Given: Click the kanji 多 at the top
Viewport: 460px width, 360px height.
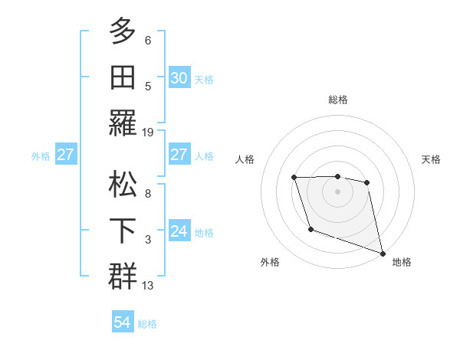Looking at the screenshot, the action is click(123, 31).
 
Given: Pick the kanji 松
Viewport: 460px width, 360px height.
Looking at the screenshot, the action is click(123, 184).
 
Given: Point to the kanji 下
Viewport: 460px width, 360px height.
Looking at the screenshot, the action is click(123, 231).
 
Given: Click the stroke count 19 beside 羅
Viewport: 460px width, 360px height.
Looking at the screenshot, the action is click(149, 132).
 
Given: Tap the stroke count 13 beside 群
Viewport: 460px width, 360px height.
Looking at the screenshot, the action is click(149, 286).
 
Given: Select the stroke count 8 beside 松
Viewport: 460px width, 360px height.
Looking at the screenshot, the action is click(148, 194).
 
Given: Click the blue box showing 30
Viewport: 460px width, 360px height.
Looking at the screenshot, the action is click(179, 78).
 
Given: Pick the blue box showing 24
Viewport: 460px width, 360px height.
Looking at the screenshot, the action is click(179, 231).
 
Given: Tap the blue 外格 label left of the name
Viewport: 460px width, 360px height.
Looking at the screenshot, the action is click(41, 155).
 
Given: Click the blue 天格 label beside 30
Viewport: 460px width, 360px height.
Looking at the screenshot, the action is click(204, 79).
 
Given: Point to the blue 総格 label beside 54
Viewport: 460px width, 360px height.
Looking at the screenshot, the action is click(147, 323).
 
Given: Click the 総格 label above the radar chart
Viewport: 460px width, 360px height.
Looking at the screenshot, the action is click(337, 100).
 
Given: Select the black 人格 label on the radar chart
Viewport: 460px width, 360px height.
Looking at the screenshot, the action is click(245, 159).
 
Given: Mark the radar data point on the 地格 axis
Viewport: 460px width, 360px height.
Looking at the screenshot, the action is click(383, 254).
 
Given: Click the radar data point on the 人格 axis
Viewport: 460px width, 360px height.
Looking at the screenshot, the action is click(294, 178).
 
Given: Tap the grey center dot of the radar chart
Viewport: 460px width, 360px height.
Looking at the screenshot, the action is click(337, 191).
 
